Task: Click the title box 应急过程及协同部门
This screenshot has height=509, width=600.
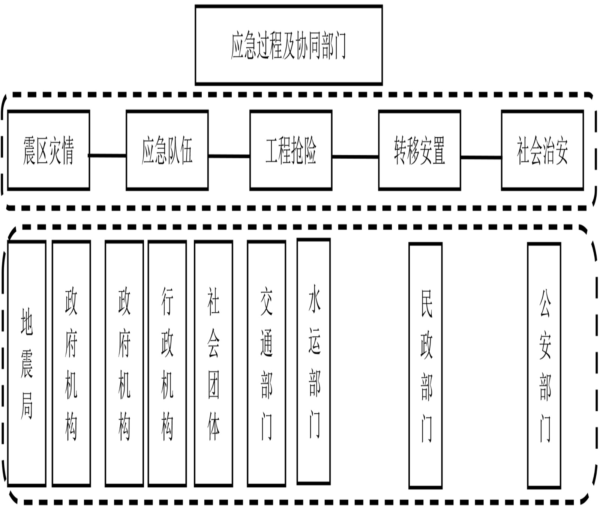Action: tap(288, 45)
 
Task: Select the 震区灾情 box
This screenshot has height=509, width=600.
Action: tap(48, 150)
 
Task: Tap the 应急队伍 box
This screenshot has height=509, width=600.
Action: tap(167, 150)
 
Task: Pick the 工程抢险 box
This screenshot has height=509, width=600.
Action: tap(291, 150)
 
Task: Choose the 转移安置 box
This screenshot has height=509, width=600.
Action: tap(419, 150)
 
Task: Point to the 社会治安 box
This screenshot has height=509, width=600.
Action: tap(542, 150)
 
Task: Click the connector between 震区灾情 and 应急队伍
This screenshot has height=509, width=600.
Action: tap(108, 155)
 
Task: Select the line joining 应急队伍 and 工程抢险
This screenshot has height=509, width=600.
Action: tap(229, 156)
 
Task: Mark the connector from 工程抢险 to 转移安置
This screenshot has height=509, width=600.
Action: tap(355, 157)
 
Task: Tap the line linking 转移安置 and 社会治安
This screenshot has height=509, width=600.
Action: tap(481, 157)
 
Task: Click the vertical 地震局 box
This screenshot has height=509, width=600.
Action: tap(27, 363)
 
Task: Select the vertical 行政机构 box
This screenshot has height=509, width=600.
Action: tap(167, 363)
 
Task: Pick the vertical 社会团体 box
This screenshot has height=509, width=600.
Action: tap(213, 363)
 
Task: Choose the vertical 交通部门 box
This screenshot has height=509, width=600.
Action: tap(266, 363)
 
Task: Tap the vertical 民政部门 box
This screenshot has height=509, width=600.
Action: tap(425, 365)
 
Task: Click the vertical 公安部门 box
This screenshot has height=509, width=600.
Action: tap(544, 365)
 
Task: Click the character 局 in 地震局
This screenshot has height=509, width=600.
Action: tap(27, 405)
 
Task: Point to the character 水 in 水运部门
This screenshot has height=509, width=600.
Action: tap(314, 298)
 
